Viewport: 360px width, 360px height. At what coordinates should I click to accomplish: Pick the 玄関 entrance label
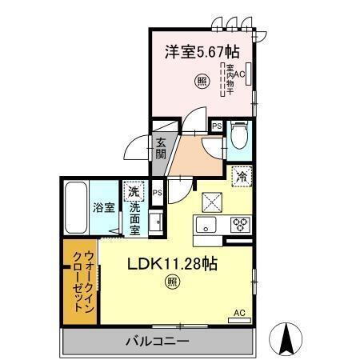pyautogui.click(x=161, y=150)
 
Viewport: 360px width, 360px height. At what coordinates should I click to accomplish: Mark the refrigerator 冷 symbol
pyautogui.click(x=240, y=176)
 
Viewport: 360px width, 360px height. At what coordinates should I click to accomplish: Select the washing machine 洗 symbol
pyautogui.click(x=134, y=191)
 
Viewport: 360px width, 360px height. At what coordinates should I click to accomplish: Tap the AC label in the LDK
pyautogui.click(x=238, y=314)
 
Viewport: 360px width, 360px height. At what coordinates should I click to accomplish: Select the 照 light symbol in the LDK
pyautogui.click(x=171, y=281)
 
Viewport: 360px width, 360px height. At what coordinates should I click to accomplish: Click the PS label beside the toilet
pyautogui.click(x=217, y=126)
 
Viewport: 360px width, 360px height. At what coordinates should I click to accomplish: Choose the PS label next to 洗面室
pyautogui.click(x=158, y=193)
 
